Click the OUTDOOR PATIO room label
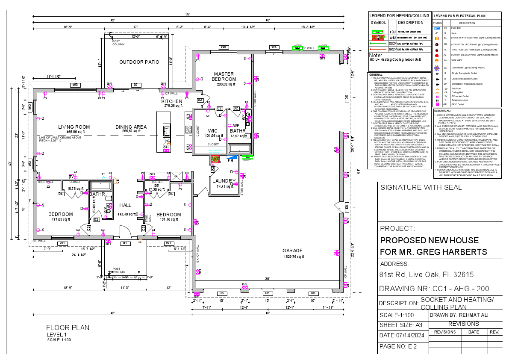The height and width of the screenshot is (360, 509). pos(139,62)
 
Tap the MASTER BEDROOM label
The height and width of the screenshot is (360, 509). pos(224,77)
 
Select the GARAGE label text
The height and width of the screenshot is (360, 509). pos(292,251)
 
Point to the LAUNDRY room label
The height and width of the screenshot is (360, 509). pos(224,181)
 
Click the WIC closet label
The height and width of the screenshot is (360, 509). pos(213,131)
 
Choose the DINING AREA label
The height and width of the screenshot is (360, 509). pos(131,127)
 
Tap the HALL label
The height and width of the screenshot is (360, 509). pos(125,205)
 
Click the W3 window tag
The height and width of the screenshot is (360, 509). pos(75,85)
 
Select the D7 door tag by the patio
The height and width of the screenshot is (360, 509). pos(135,85)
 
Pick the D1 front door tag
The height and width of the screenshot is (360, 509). pos(125,243)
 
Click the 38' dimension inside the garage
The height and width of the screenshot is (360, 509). pos(267,279)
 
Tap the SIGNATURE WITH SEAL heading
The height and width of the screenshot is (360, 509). pos(421,187)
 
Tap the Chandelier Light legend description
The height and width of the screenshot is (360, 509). pos(468,68)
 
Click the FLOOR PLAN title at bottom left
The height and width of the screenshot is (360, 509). pos(68,328)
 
